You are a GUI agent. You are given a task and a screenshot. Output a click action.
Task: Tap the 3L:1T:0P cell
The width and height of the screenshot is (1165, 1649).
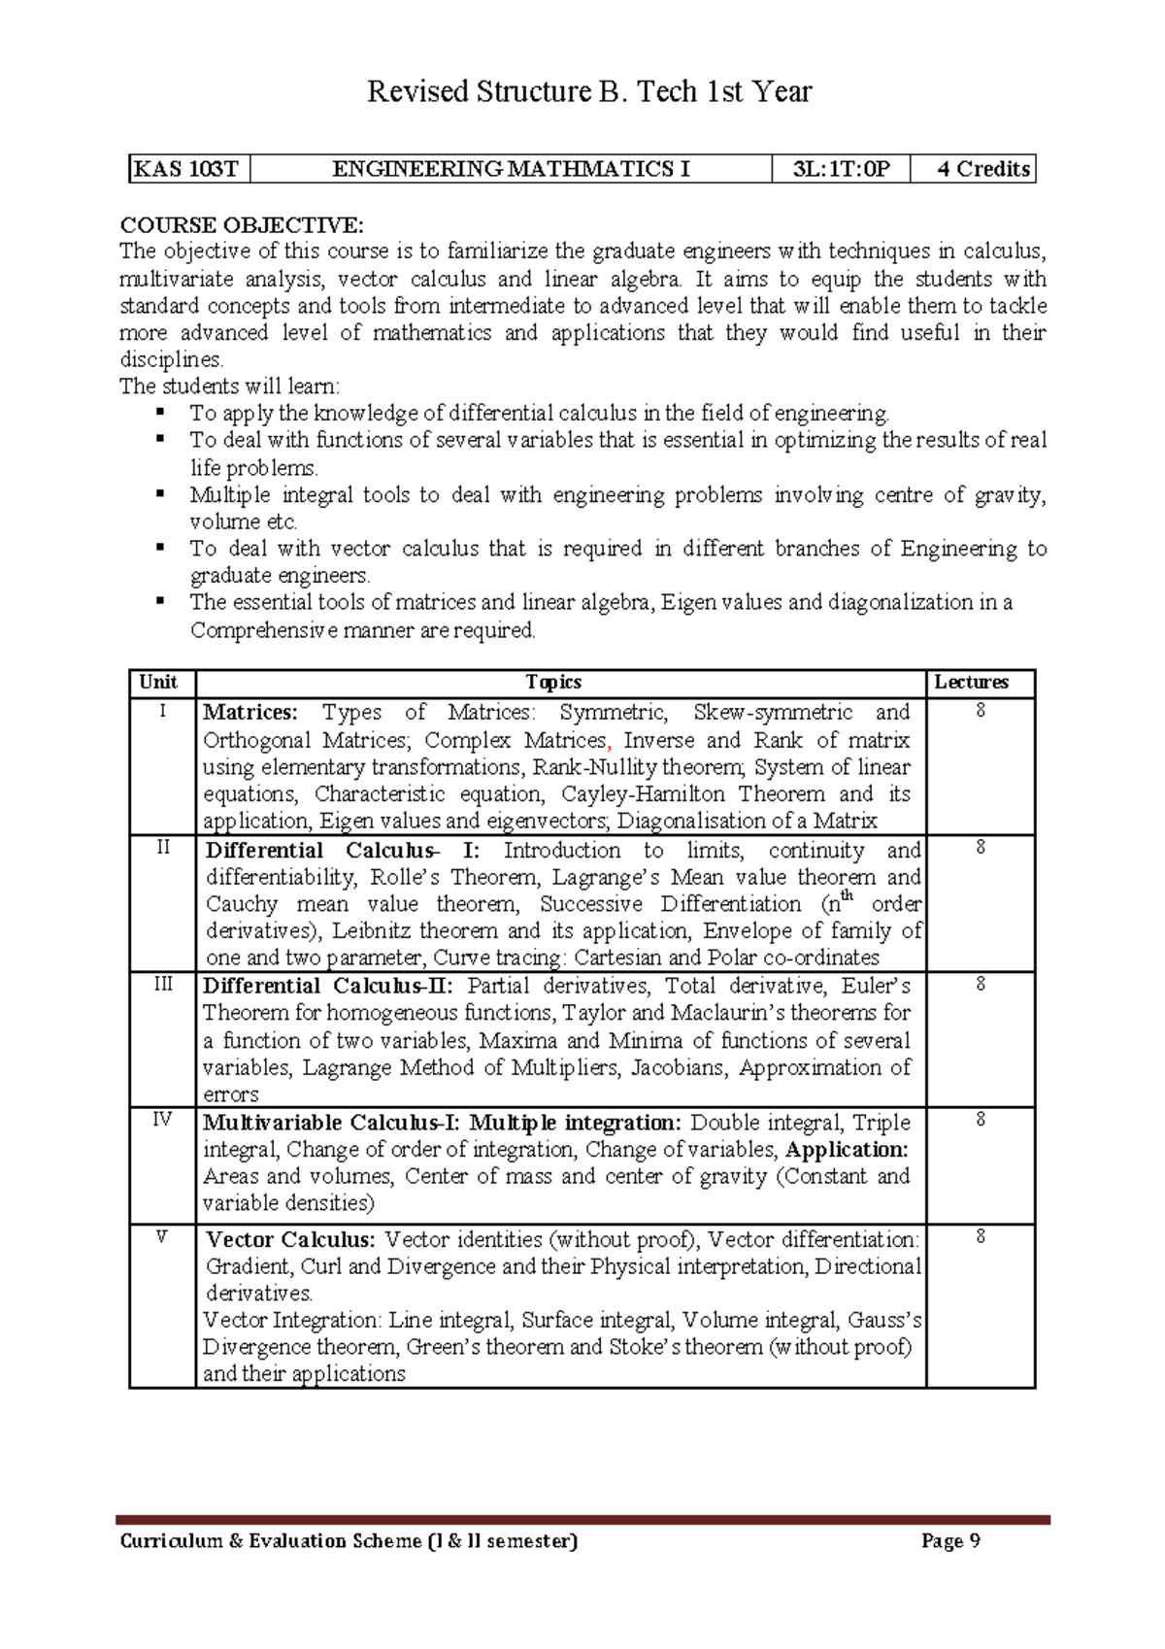(840, 169)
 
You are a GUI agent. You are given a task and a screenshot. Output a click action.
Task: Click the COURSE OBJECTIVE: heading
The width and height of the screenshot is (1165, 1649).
(242, 225)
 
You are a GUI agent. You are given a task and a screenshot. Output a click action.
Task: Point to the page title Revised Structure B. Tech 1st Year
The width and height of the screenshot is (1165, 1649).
(588, 91)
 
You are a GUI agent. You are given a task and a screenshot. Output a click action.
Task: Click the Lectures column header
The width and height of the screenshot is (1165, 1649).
(971, 683)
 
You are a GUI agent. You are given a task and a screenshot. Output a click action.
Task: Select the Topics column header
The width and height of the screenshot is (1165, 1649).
(552, 683)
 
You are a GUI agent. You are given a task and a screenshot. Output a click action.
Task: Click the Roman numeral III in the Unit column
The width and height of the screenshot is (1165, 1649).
(162, 984)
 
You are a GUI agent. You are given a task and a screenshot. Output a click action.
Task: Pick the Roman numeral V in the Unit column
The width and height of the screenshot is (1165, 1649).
(162, 1236)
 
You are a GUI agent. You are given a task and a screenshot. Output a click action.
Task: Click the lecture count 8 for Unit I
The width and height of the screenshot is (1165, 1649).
(981, 711)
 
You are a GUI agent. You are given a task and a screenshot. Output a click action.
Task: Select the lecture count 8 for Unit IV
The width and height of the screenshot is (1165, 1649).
(981, 1120)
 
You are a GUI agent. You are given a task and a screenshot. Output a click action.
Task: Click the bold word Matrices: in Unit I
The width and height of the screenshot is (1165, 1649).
(250, 713)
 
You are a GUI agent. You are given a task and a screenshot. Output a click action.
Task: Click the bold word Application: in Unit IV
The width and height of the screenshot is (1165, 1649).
(847, 1150)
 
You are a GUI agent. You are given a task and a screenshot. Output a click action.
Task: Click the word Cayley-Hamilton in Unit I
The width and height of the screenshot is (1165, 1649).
(630, 794)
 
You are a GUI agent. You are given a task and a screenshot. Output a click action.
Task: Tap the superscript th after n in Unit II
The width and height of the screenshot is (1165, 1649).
(848, 895)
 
